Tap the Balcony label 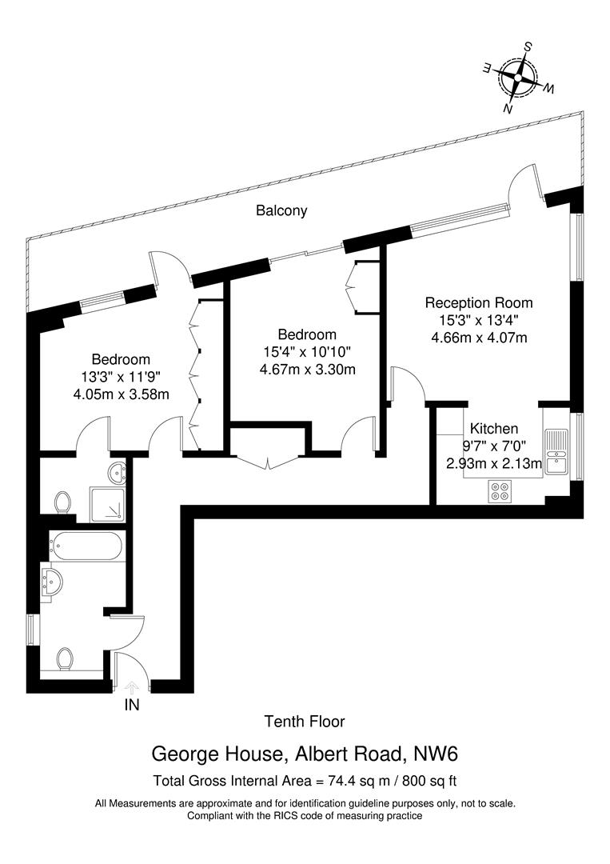coord(281,211)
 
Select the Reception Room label coord(478,303)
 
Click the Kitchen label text coord(493,429)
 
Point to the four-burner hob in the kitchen coord(501,491)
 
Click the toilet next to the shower coord(62,502)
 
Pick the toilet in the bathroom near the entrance coord(66,658)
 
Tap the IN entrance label coord(132,706)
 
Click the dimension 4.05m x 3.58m coord(121,394)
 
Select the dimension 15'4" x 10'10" coord(306,351)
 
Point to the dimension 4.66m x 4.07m coord(479,338)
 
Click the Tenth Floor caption coord(305,722)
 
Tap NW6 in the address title coord(439,754)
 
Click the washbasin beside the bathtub coord(54,581)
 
